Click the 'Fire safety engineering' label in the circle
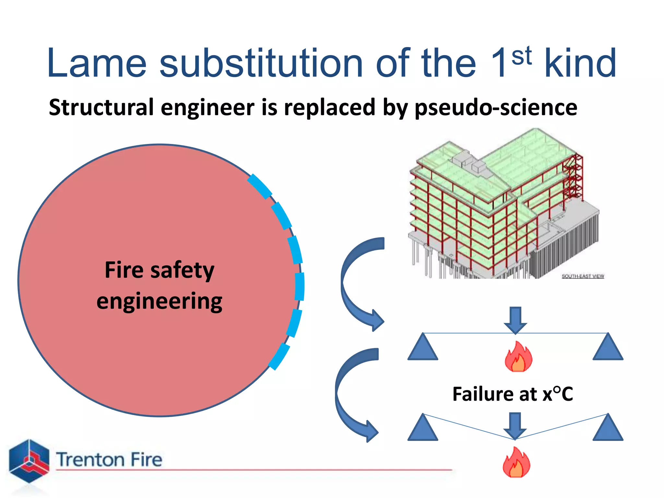pos(160,285)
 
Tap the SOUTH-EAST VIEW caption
pos(583,276)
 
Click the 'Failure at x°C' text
pos(513,394)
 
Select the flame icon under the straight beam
pos(518,357)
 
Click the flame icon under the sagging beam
pos(516,463)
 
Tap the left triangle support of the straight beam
pos(423,348)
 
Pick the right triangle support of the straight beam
pos(608,348)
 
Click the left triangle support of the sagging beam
pos(423,428)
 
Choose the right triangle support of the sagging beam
pos(608,428)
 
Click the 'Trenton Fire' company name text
pos(109,460)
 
